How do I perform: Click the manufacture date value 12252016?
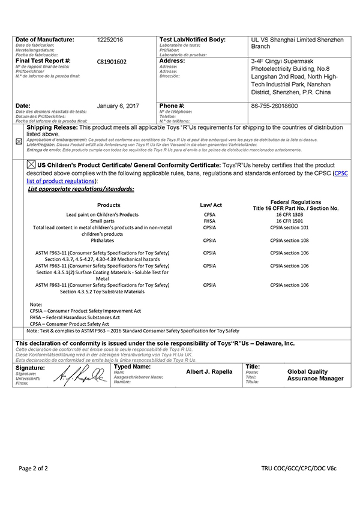110,40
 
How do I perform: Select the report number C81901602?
112,61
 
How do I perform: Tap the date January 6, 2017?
118,106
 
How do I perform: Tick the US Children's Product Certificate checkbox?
31,164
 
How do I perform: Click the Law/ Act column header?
211,205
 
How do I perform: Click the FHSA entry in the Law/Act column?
210,221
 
